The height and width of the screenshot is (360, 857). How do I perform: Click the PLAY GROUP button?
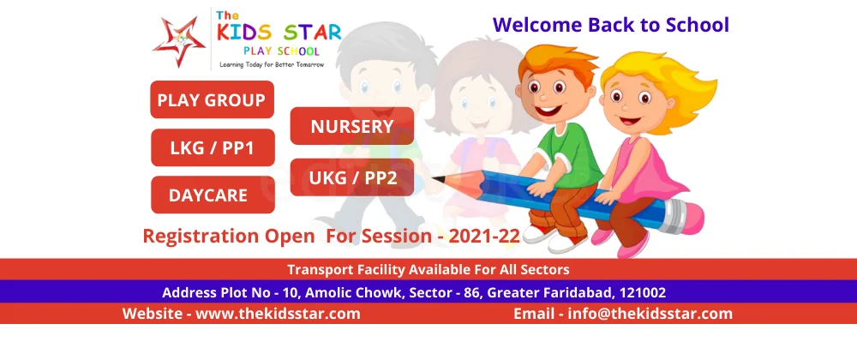(x=212, y=99)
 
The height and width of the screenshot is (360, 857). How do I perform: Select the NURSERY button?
(x=352, y=126)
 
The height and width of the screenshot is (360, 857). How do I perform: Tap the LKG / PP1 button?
(x=213, y=147)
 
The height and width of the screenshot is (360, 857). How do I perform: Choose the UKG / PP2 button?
(x=352, y=177)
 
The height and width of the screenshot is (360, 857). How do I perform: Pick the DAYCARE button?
(x=213, y=195)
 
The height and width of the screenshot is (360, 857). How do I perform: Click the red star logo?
(x=179, y=40)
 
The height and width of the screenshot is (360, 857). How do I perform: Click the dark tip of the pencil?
(x=438, y=178)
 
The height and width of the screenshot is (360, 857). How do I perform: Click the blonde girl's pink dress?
(x=650, y=174)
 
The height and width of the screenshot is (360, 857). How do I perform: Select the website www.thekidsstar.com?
(x=278, y=314)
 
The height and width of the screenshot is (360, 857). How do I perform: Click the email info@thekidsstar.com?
(x=650, y=314)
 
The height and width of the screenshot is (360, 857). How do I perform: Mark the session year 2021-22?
(x=484, y=236)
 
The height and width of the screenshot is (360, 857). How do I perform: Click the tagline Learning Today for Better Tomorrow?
(x=272, y=64)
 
